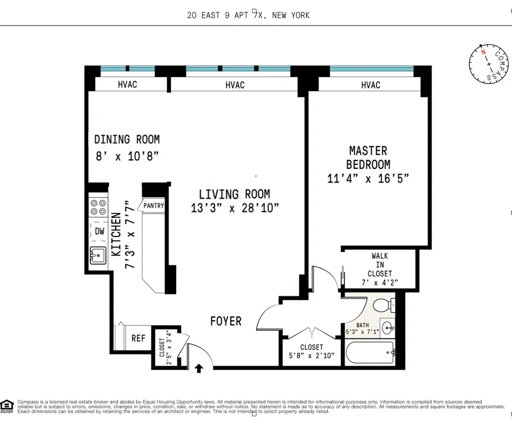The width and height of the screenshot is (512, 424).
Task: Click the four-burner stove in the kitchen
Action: tap(98, 207)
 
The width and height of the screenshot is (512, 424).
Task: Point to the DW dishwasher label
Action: tap(99, 232)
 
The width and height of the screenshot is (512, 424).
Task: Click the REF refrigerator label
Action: tap(138, 339)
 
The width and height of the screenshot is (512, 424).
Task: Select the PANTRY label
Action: tap(153, 206)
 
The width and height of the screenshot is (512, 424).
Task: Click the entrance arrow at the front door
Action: tap(199, 368)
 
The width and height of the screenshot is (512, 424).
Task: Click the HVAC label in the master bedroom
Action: tap(370, 85)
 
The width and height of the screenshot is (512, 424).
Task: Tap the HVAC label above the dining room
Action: tap(127, 84)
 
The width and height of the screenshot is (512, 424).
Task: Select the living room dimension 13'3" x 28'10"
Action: tap(235, 208)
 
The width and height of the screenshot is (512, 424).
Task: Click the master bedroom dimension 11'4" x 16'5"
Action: tap(368, 178)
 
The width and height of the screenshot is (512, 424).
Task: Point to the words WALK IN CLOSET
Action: tap(379, 264)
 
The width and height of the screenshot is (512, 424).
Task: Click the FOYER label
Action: tap(226, 321)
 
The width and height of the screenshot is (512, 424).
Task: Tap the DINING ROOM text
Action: tap(127, 139)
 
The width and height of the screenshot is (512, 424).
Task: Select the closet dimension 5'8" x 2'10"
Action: tap(311, 355)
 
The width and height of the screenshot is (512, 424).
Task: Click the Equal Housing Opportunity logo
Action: tap(7, 406)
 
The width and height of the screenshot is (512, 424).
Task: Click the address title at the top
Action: tap(248, 15)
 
